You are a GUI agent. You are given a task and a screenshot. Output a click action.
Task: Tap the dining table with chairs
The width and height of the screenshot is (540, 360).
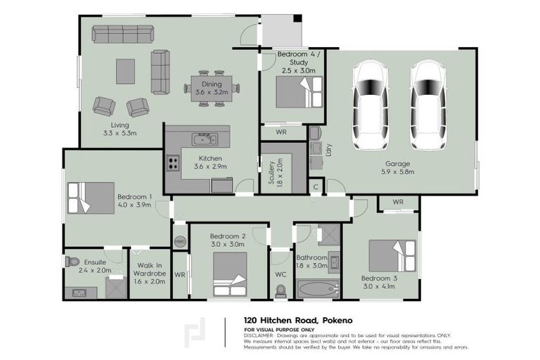(x=212, y=88)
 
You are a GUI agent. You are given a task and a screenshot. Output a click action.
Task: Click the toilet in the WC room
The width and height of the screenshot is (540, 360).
(x=281, y=290)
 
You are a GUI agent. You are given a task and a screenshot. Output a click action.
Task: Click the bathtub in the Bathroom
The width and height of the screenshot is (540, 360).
(x=318, y=289)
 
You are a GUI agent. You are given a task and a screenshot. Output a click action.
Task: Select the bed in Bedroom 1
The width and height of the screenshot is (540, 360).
(x=90, y=198)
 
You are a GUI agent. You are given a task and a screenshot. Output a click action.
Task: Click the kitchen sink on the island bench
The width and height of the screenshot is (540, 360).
(x=204, y=138)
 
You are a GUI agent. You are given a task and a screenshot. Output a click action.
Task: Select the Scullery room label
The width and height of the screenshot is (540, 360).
(x=271, y=172)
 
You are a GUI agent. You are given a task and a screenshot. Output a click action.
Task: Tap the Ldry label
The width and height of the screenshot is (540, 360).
(x=328, y=150)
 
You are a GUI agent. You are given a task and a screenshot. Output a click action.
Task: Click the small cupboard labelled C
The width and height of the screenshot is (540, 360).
(x=316, y=187)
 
